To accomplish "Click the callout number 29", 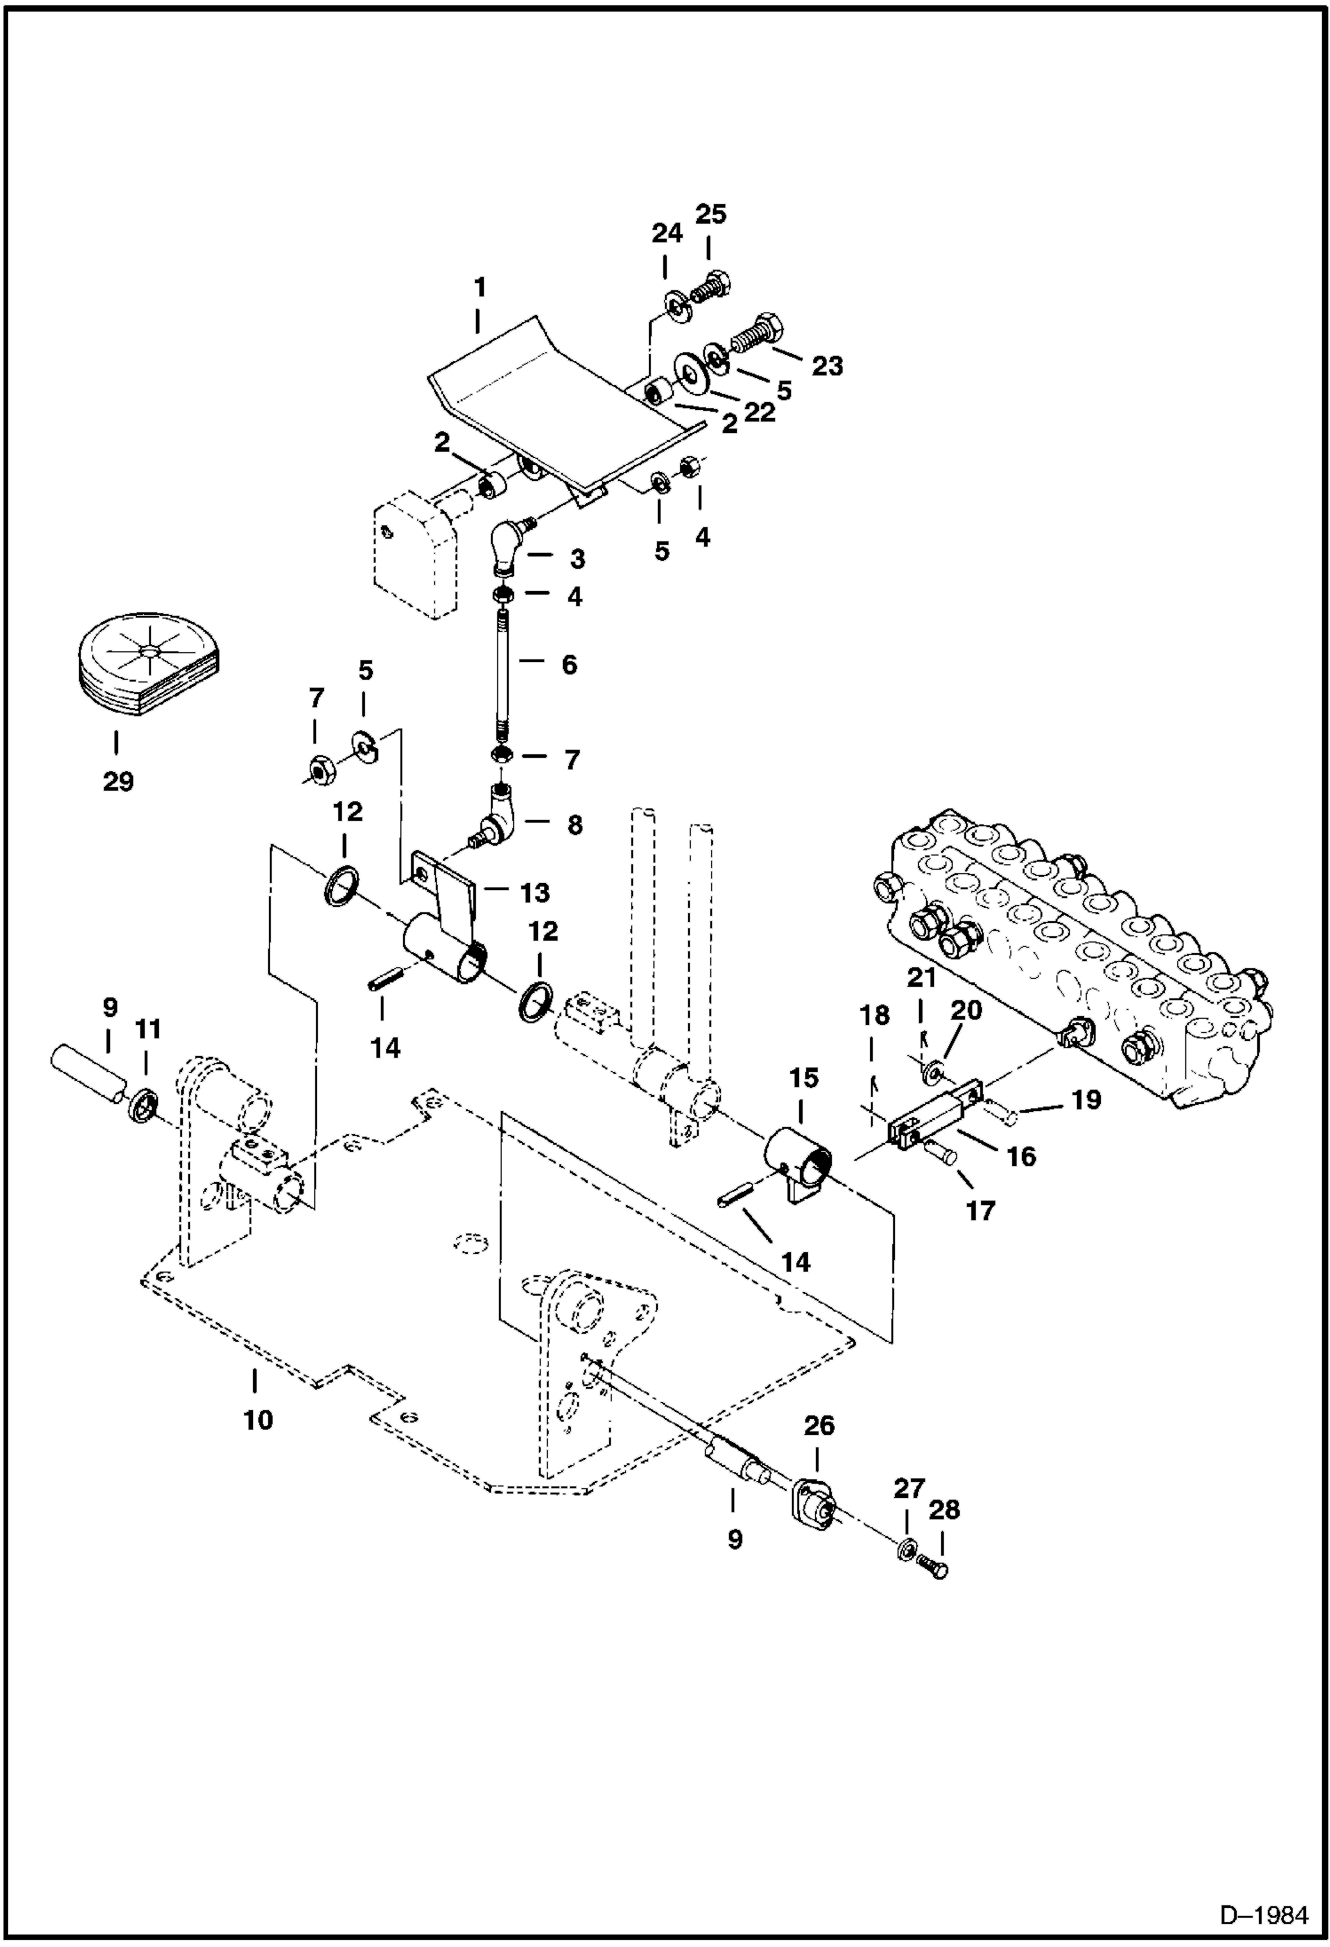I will click(x=117, y=782).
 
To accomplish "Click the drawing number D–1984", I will click(x=1264, y=1915).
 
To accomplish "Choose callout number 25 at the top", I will click(x=710, y=214).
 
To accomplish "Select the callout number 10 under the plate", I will click(x=257, y=1420).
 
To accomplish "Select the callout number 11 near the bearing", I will click(x=147, y=1029).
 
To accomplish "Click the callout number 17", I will click(x=980, y=1210).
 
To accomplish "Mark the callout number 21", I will click(x=921, y=979).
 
